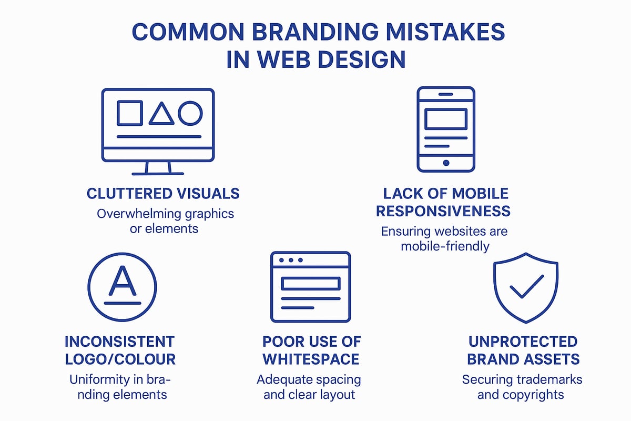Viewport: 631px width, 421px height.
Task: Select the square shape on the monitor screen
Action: (x=129, y=113)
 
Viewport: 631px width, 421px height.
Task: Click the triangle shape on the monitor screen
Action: (x=161, y=114)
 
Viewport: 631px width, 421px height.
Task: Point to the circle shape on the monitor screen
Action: (x=190, y=113)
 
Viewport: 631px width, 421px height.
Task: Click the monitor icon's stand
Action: (x=158, y=168)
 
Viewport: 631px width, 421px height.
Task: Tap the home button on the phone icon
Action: (x=446, y=163)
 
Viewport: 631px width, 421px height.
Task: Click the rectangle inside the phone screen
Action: (x=446, y=119)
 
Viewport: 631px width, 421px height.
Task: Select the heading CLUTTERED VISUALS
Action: (x=163, y=194)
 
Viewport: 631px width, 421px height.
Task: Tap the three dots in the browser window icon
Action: (x=291, y=260)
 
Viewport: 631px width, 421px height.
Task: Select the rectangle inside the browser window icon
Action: (x=311, y=284)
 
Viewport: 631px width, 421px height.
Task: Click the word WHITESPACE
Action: (x=311, y=359)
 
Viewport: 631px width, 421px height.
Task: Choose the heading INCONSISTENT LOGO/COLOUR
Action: (x=120, y=350)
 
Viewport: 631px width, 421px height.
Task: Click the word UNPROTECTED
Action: (x=523, y=342)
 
